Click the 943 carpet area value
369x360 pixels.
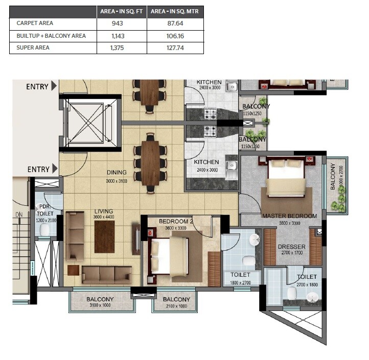click(x=122, y=23)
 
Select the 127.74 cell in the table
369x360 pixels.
click(x=175, y=47)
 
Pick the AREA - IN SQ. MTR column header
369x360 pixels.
click(x=175, y=11)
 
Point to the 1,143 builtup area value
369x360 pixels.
click(x=122, y=36)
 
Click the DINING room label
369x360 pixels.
click(x=117, y=173)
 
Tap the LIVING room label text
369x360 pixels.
click(x=103, y=211)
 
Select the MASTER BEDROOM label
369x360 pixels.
click(x=289, y=216)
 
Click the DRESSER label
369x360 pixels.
click(x=291, y=247)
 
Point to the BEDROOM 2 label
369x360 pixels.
click(x=175, y=222)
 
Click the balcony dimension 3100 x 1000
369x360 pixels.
click(x=100, y=306)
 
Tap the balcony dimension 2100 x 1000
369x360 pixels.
click(x=176, y=306)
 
